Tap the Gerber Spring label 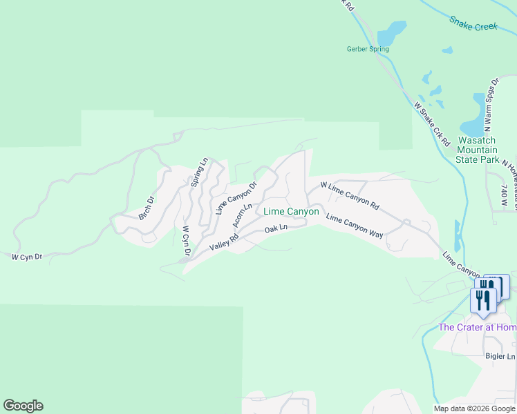pos(367,49)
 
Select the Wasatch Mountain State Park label pos(478,150)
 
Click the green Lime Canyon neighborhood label pos(291,212)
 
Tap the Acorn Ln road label pos(242,215)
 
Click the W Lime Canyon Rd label pos(350,196)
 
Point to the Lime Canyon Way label pos(354,226)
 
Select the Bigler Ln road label pos(500,356)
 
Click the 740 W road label pos(505,196)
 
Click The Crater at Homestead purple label pos(477,327)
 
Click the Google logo pos(23,406)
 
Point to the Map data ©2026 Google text pos(474,408)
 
